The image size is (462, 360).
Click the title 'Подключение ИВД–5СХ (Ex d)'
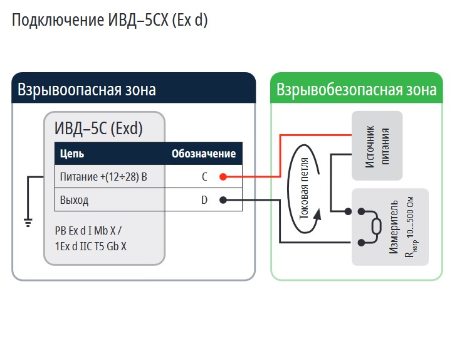(x=110, y=20)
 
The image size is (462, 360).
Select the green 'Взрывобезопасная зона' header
(x=356, y=89)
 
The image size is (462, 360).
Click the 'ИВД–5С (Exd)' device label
(x=99, y=129)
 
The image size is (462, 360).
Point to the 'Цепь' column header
(x=72, y=154)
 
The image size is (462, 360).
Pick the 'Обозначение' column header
(x=204, y=154)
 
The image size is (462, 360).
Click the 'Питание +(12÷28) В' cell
(x=103, y=177)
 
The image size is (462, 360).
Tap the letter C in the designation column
(x=204, y=177)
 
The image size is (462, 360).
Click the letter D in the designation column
(x=204, y=201)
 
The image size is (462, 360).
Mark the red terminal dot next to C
(x=223, y=177)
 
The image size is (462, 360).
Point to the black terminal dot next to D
(x=223, y=201)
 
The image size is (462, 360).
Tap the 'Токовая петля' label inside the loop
(x=305, y=186)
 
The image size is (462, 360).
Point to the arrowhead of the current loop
(x=318, y=214)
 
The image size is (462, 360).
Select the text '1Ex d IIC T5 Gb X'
(x=91, y=246)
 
